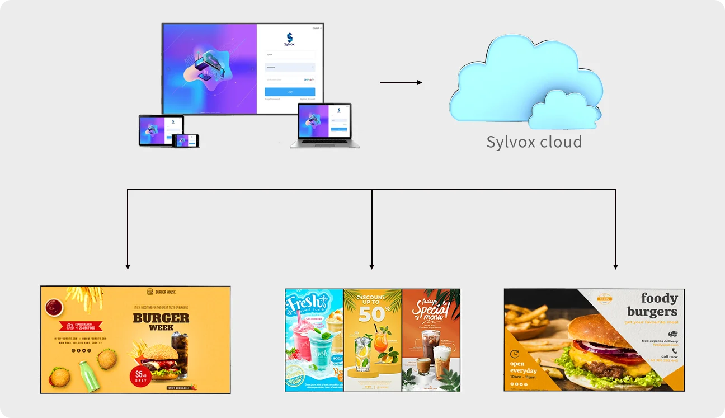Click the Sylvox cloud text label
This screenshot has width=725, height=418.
tap(534, 142)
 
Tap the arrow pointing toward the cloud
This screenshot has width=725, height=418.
tap(401, 83)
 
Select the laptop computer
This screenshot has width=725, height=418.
tap(324, 126)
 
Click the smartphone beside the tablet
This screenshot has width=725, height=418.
tap(186, 140)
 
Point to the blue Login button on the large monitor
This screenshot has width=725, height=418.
tap(290, 92)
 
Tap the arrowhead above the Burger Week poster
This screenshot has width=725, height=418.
tap(128, 266)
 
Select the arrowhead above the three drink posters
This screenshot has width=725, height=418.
tap(372, 266)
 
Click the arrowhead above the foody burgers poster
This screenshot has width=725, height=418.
tap(615, 266)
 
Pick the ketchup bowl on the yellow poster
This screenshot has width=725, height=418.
tap(54, 306)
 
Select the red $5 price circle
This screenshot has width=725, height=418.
tap(140, 377)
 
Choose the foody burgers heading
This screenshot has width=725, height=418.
tap(652, 305)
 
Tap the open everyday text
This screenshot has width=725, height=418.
tap(523, 367)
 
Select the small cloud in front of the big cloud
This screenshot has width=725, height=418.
tap(564, 110)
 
